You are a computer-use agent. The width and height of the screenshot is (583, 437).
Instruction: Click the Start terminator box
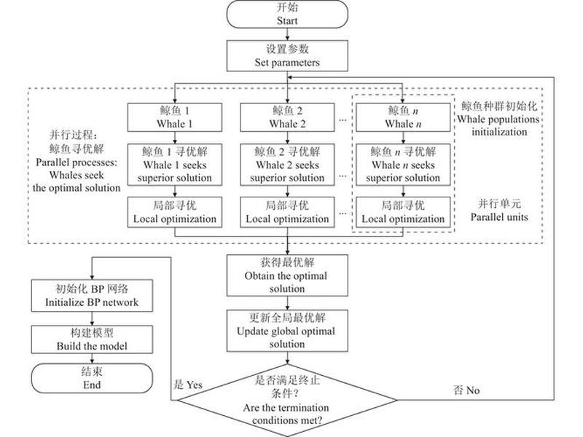pos(287,14)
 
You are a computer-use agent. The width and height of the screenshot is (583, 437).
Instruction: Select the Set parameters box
pos(287,56)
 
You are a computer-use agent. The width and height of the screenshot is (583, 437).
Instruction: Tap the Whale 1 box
pos(175,117)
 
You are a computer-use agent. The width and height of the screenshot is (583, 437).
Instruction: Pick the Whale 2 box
pos(287,117)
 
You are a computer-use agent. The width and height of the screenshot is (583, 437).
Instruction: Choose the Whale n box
pos(403,117)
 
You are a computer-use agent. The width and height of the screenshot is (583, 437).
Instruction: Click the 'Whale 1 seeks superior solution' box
pos(175,165)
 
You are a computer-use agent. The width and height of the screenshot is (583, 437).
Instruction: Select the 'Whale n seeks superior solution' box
pos(403,165)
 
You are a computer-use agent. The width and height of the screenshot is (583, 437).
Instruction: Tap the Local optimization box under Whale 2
pos(287,212)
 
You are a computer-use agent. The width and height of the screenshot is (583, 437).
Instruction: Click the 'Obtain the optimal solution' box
pos(287,275)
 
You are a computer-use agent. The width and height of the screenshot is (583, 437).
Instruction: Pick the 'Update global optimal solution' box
pos(287,331)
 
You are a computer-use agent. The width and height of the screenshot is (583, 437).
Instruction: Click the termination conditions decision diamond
pos(287,400)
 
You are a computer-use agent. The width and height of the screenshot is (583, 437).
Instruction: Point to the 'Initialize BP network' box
pos(92,296)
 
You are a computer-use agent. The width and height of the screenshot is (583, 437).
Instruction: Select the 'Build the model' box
pos(92,339)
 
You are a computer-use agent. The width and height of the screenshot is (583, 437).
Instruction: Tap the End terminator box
pos(92,378)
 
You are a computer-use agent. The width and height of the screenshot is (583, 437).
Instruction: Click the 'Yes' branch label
pos(188,385)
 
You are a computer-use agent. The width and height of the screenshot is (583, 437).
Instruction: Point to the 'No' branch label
pos(466,390)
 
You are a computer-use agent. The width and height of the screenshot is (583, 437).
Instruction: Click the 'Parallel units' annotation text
pos(499,210)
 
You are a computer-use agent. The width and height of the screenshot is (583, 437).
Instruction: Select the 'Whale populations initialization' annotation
pos(499,119)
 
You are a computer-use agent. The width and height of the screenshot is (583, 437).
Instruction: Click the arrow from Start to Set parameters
pos(287,34)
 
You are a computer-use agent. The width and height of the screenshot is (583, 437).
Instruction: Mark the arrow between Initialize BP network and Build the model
pos(92,318)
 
